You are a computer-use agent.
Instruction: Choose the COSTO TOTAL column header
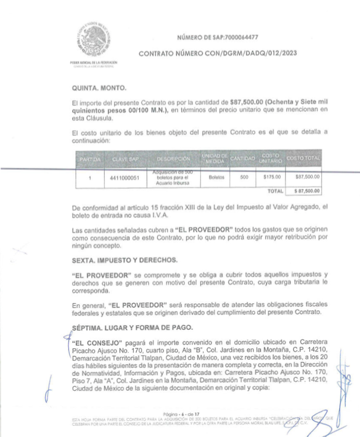pos(303,159)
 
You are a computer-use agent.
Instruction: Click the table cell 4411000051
pos(124,177)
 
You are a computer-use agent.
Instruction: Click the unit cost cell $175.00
pos(271,176)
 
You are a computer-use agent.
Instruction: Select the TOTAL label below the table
pos(275,191)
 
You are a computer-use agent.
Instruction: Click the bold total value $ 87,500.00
pos(304,191)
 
